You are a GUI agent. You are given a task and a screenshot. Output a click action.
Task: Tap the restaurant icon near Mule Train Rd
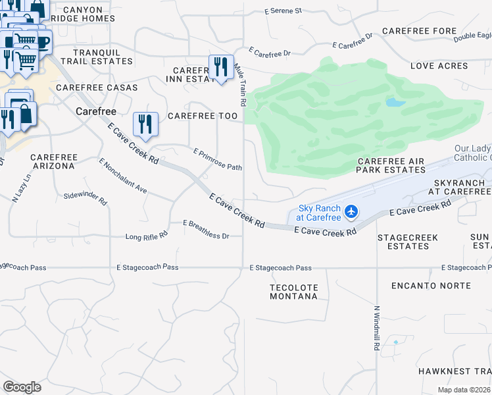220,67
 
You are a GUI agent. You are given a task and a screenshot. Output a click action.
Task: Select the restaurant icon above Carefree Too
145,124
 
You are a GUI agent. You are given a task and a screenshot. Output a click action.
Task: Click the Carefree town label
96,111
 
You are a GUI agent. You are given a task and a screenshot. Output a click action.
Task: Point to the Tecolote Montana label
293,292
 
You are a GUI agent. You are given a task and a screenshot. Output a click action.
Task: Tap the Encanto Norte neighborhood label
431,286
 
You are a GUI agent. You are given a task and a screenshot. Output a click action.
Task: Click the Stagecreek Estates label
408,242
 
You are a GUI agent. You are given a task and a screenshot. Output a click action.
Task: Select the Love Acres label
439,66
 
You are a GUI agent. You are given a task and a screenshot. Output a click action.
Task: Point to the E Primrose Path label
218,159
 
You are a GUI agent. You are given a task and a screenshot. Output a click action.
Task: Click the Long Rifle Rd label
147,235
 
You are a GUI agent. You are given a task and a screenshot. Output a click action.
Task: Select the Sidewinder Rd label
86,197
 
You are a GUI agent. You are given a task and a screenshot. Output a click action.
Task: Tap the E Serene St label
282,11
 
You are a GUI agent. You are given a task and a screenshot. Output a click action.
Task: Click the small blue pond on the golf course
393,103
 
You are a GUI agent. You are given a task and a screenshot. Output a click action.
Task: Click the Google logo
22,387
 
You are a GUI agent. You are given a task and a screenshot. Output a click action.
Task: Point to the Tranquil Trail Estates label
103,57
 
